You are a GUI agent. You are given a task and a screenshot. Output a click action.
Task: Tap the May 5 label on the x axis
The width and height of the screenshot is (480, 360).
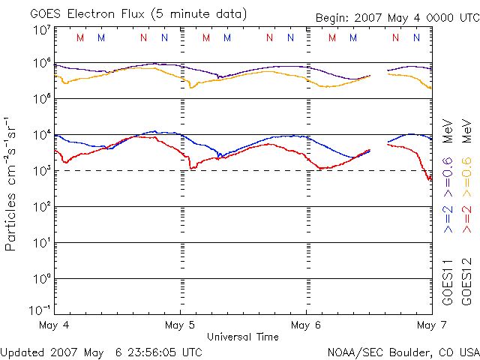pyautogui.click(x=179, y=325)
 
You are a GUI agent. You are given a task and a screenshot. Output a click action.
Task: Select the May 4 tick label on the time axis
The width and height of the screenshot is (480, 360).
pyautogui.click(x=54, y=325)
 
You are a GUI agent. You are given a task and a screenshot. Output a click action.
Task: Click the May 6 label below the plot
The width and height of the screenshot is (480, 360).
pyautogui.click(x=306, y=325)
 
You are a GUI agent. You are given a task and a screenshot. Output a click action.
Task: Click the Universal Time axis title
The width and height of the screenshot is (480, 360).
pyautogui.click(x=243, y=337)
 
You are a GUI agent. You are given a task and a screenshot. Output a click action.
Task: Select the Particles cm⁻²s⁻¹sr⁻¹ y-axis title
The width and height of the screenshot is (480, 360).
pyautogui.click(x=13, y=183)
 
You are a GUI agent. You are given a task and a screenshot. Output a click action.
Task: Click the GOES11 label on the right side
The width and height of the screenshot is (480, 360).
pyautogui.click(x=448, y=281)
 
